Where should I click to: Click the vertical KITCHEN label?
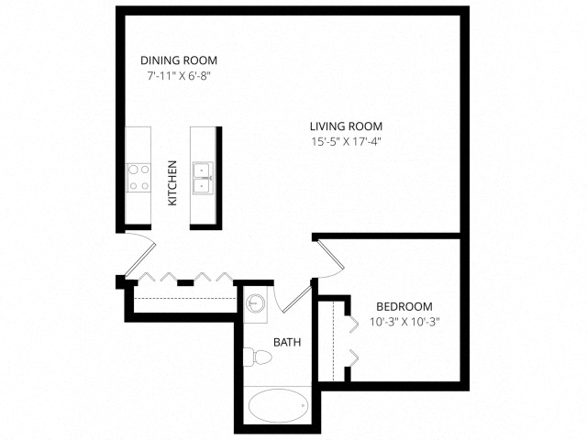172,183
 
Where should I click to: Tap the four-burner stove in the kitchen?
138,177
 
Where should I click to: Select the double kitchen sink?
202,176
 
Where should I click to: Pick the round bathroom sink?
257,302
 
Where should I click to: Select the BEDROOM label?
404,306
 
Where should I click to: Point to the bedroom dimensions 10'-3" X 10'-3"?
404,322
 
